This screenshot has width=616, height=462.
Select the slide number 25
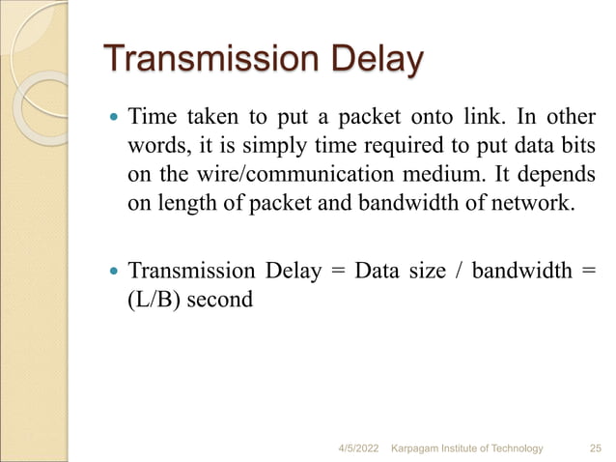pyautogui.click(x=596, y=448)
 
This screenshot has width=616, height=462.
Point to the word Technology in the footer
pyautogui.click(x=511, y=448)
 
